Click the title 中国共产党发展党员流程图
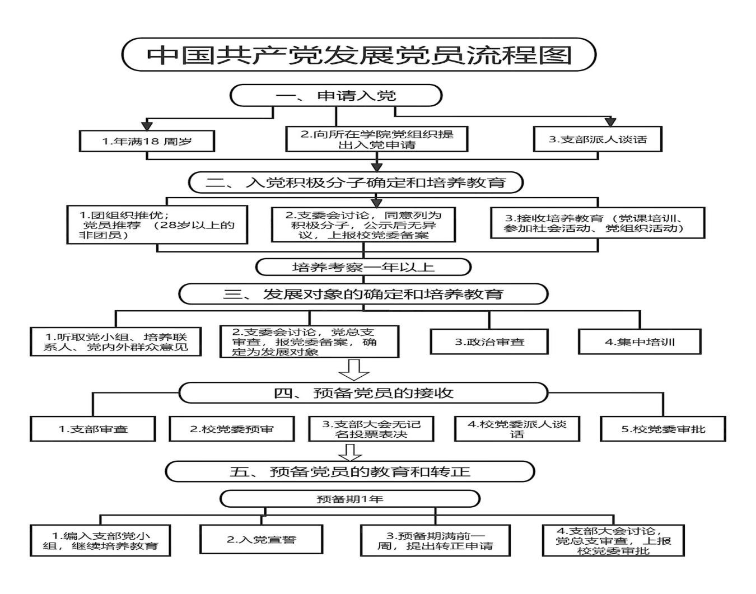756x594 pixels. coord(359,54)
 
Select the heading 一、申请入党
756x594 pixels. coord(336,95)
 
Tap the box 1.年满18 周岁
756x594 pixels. coord(147,141)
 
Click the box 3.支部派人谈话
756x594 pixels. coord(597,139)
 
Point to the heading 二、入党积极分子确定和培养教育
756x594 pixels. coord(356,183)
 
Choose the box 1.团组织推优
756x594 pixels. coord(157,225)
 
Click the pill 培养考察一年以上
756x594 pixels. coord(363,267)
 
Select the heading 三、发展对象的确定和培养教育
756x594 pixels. coord(363,294)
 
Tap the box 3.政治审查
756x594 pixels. coord(489,342)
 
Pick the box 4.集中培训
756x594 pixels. coord(640,342)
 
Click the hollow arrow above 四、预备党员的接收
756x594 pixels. coord(354,370)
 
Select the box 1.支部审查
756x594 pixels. coord(93,429)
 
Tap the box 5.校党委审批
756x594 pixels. coord(663,429)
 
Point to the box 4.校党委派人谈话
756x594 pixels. coord(517,429)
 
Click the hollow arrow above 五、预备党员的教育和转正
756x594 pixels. coord(352,451)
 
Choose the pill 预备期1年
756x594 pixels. coord(350,498)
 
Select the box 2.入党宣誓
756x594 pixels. coord(262,540)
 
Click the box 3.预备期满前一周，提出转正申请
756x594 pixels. coord(435,540)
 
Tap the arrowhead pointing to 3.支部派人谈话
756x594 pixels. coord(610,121)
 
